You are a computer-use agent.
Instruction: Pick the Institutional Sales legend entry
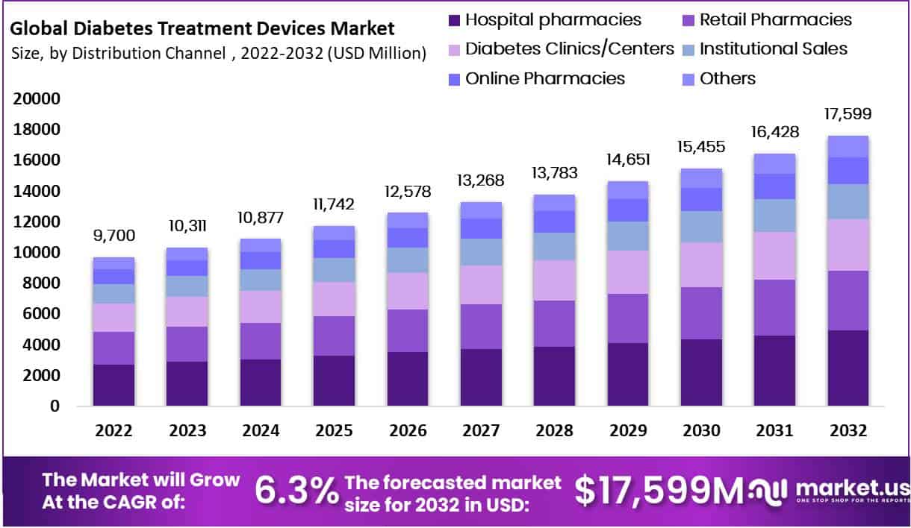(773, 49)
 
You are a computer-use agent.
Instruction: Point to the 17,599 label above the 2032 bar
(848, 114)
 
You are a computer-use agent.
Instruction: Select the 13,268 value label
(480, 180)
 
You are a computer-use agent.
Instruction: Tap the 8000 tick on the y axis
(43, 283)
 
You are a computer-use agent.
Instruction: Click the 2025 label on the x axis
(333, 431)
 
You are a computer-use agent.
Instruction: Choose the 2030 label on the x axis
(701, 431)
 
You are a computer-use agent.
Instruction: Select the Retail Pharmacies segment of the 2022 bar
(114, 348)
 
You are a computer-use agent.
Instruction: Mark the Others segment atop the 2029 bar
(627, 189)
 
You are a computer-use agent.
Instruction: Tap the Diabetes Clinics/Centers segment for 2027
(480, 285)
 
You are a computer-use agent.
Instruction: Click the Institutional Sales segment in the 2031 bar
(774, 216)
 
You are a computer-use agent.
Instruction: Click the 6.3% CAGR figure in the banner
(296, 490)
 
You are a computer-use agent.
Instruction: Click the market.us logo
(829, 490)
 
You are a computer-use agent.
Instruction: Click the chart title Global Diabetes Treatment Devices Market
(202, 29)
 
